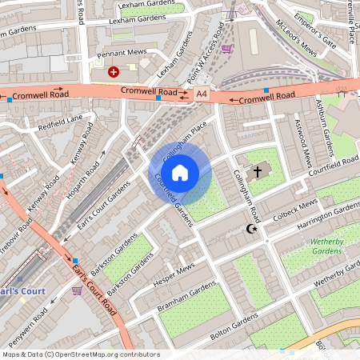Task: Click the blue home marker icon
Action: [180, 172]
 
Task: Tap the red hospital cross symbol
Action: [114, 72]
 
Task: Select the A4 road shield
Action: [202, 94]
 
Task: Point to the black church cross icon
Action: [258, 171]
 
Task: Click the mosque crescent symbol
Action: [252, 230]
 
